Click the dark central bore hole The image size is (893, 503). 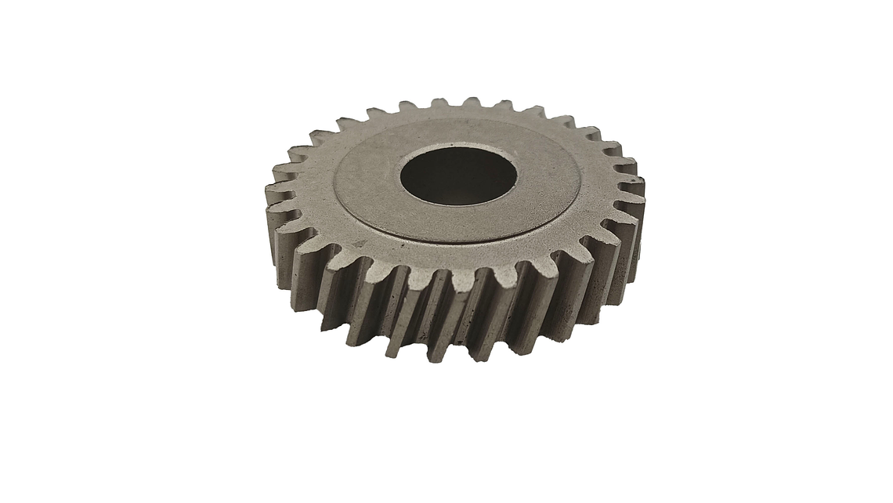click(x=458, y=177)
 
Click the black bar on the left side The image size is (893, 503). click(x=97, y=251)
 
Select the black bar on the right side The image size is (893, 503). click(x=795, y=251)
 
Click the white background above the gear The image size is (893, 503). click(x=446, y=47)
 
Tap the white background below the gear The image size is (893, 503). click(x=446, y=431)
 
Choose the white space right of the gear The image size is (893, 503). click(x=670, y=251)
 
